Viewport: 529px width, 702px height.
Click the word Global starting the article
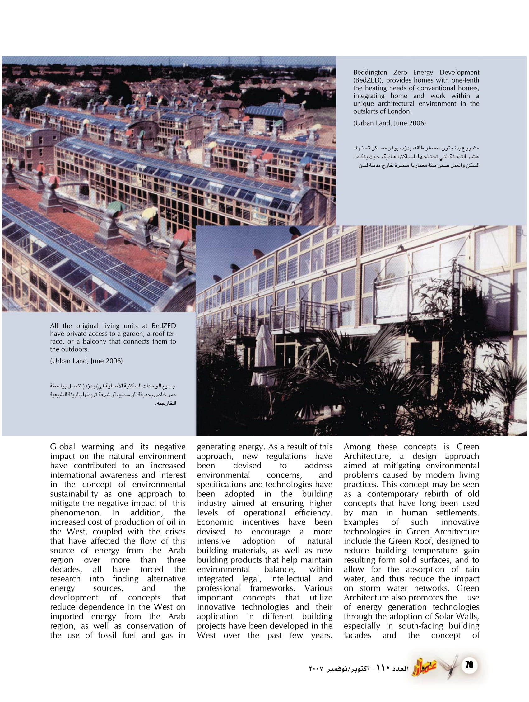point(63,447)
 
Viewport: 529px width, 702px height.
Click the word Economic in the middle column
point(215,522)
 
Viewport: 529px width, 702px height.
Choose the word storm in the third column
point(369,588)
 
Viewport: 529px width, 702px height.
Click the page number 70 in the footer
point(469,665)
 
